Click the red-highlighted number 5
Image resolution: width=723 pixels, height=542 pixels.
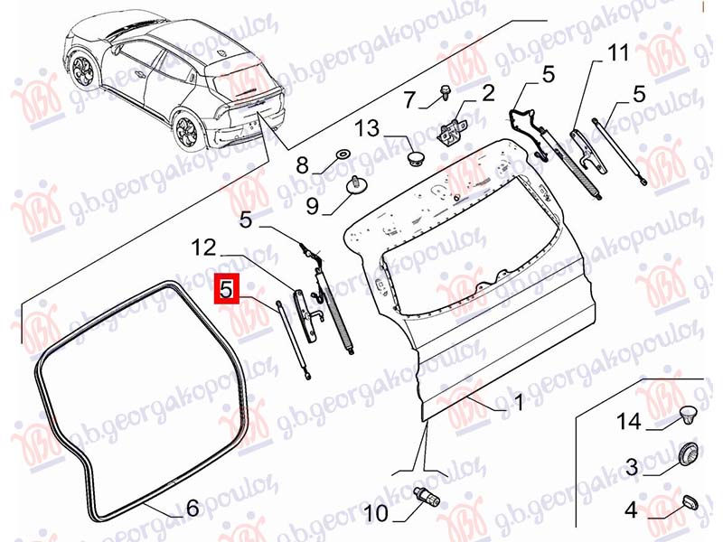tap(226, 289)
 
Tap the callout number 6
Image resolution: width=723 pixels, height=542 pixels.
tap(192, 508)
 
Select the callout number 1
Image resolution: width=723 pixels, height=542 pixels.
tap(519, 402)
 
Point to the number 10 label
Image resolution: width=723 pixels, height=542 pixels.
tap(376, 514)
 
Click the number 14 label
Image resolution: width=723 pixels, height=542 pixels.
tap(629, 421)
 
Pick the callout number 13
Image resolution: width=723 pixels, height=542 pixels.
tap(367, 128)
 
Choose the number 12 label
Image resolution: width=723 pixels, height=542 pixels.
tap(204, 248)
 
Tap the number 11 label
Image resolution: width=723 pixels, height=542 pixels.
tap(618, 52)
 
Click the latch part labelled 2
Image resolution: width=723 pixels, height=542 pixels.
tap(452, 129)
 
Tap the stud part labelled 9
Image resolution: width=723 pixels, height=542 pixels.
tap(355, 185)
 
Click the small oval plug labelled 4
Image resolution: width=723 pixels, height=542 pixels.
tap(690, 503)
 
